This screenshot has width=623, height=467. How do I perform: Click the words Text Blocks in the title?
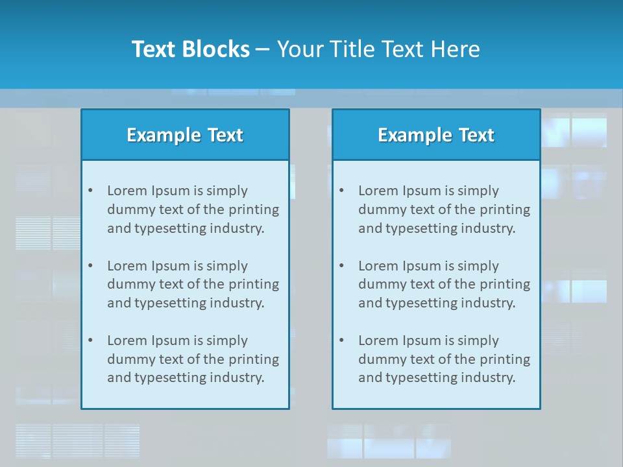[x=190, y=49]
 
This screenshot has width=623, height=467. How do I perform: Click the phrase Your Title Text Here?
[x=378, y=49]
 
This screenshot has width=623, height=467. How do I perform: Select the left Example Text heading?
[x=185, y=135]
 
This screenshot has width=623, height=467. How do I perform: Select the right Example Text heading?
[x=436, y=135]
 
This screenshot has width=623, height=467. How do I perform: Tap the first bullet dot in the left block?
[x=90, y=191]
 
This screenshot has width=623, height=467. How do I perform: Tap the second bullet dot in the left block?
[x=90, y=266]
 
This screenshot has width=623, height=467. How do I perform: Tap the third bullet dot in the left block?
[x=90, y=341]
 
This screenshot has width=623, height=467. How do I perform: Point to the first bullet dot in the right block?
[x=341, y=191]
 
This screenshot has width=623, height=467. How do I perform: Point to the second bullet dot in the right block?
[x=341, y=266]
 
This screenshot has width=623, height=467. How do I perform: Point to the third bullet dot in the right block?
[x=341, y=341]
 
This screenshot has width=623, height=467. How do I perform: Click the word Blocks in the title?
[x=217, y=49]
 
